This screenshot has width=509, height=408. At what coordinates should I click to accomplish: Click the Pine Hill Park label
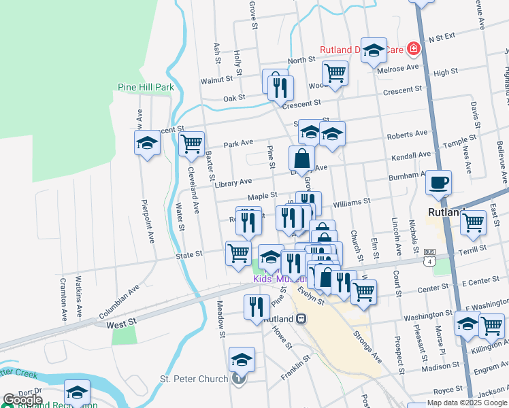tap(146, 87)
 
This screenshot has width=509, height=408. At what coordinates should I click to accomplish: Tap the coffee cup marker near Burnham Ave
tap(438, 182)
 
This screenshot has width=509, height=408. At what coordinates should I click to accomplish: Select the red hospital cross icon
tap(412, 48)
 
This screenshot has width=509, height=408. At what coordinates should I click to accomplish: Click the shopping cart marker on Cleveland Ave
tap(192, 143)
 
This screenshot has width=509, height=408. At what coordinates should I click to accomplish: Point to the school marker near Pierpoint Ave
tap(147, 144)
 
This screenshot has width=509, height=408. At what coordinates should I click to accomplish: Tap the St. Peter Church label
tap(194, 379)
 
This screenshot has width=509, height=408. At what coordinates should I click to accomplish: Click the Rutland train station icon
tap(301, 318)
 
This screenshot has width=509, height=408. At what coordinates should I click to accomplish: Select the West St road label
tap(122, 326)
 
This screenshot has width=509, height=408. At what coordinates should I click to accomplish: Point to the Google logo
tap(22, 400)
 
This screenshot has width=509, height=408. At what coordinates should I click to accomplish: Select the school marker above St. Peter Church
tap(242, 359)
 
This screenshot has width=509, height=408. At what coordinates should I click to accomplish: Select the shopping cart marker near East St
tap(473, 222)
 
